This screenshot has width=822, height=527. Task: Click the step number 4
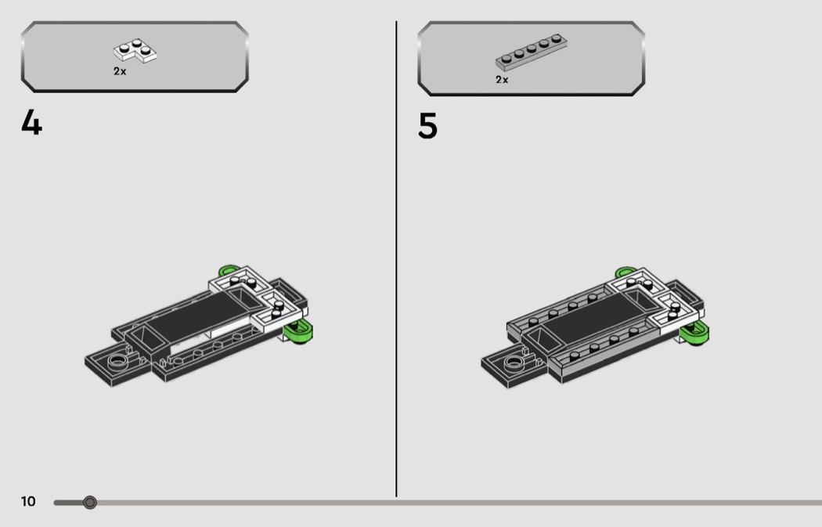tap(31, 123)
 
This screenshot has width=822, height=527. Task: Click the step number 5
tap(427, 126)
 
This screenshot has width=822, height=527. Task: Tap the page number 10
tap(28, 501)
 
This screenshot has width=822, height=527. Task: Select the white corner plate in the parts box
tap(135, 50)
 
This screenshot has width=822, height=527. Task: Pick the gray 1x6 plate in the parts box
tap(531, 52)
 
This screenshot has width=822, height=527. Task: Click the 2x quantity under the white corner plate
tap(120, 71)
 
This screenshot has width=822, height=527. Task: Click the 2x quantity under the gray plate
tap(502, 80)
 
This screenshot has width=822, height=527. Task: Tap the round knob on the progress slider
tap(90, 503)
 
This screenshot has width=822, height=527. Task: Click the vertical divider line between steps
tap(396, 258)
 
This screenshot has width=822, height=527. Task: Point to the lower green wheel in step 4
tap(299, 333)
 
